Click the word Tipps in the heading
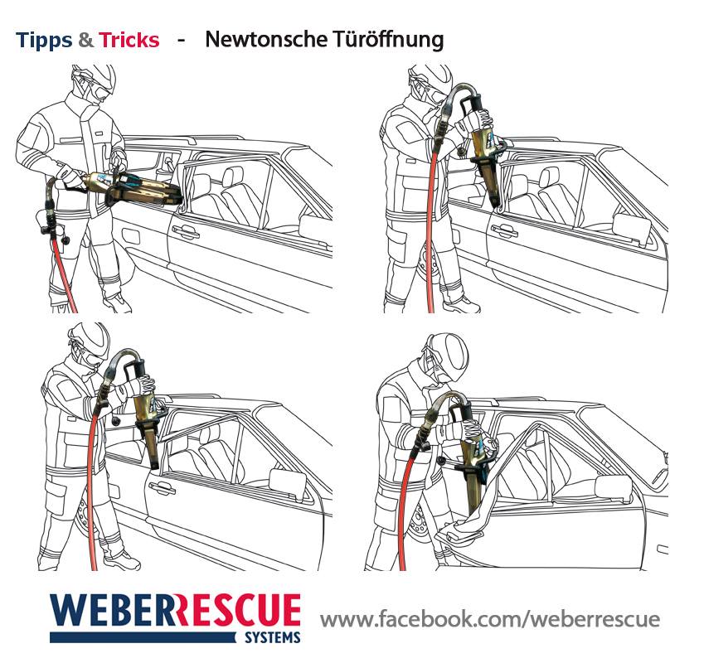tap(44, 41)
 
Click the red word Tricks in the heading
tap(129, 40)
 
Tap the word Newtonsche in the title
tap(266, 39)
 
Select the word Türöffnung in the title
tap(388, 40)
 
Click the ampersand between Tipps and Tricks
tap(85, 40)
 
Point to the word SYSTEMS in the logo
tap(273, 637)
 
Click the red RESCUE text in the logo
tap(238, 610)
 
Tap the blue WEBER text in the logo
tap(112, 610)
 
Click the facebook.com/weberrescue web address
tap(490, 619)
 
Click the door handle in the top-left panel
tap(185, 231)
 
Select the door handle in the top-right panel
tap(504, 231)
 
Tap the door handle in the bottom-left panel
tap(163, 487)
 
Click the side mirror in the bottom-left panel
tap(288, 482)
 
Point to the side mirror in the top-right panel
tap(632, 229)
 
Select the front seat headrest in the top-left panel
tap(232, 177)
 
